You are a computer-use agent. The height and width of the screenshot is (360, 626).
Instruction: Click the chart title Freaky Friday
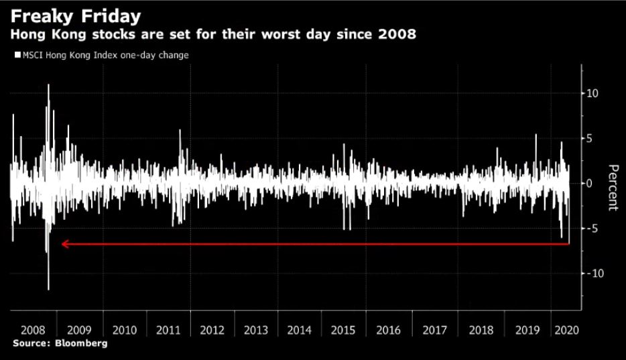(x=76, y=15)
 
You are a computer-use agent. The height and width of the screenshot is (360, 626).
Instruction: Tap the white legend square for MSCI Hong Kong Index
(x=17, y=56)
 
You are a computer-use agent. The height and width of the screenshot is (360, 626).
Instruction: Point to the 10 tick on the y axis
(x=592, y=93)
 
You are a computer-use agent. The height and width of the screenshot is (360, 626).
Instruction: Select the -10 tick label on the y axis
(x=590, y=274)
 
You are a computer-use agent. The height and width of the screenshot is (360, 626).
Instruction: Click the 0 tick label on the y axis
(x=589, y=183)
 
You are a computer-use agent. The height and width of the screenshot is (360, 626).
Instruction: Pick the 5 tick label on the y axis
(x=589, y=138)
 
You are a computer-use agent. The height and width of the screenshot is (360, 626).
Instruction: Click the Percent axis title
(x=612, y=187)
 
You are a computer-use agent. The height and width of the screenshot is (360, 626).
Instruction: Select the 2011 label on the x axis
(x=168, y=330)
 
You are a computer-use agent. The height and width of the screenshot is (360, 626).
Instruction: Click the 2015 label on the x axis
(x=344, y=330)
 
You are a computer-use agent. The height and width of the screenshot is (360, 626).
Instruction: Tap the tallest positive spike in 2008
(x=48, y=86)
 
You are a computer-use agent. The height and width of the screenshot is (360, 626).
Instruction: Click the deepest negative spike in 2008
(x=48, y=288)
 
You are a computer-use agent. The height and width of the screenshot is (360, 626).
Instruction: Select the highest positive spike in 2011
(x=180, y=131)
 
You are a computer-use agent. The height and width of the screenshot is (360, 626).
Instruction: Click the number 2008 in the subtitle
(x=397, y=34)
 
